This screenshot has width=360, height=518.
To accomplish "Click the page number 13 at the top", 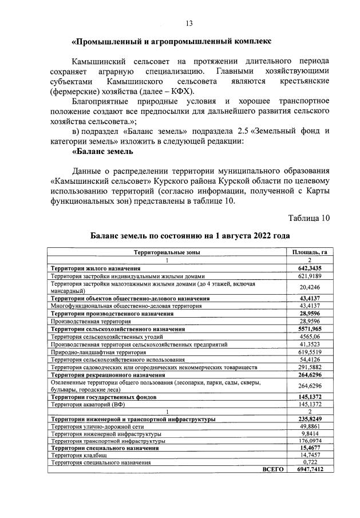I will click(189, 23).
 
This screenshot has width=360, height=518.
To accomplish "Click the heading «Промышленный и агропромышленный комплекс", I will click(171, 42).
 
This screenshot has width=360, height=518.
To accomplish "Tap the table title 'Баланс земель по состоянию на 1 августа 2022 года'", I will click(190, 236).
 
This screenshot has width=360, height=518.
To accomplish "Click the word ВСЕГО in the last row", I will click(272, 469).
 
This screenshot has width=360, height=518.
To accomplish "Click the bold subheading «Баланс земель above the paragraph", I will click(102, 151).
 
